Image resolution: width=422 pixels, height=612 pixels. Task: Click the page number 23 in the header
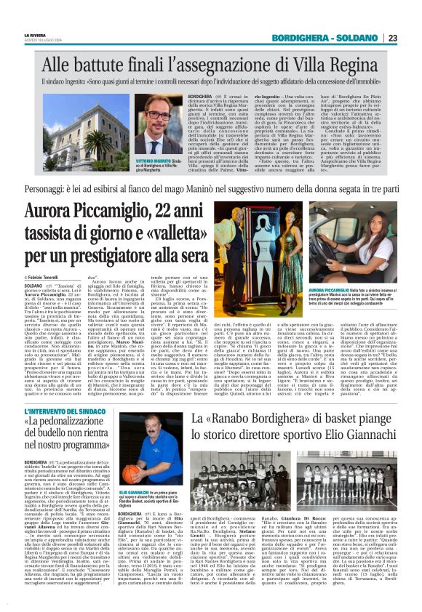(x=412, y=38)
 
